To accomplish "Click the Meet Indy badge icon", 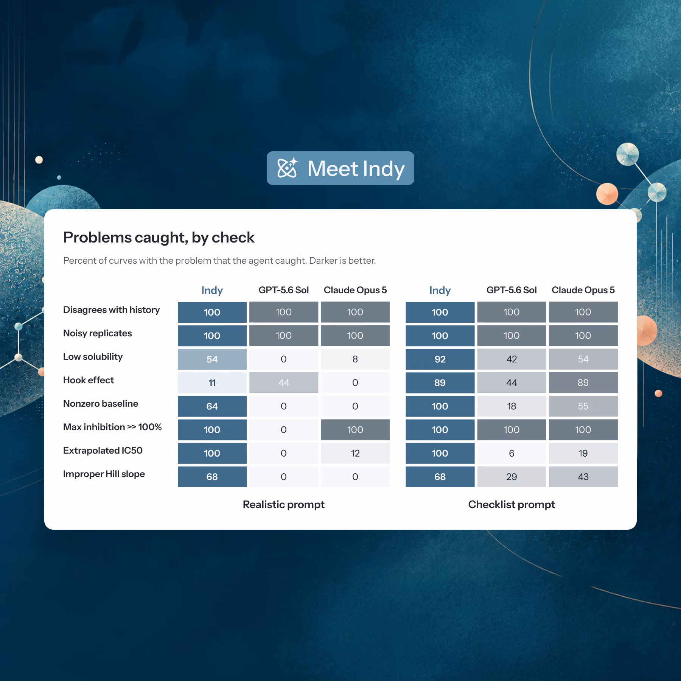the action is tap(288, 168).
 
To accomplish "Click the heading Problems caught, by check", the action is tap(159, 238).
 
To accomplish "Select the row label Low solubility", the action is tap(93, 357).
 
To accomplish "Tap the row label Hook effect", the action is tap(89, 380).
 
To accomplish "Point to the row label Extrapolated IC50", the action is tap(103, 451).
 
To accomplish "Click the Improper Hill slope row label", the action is tap(104, 474).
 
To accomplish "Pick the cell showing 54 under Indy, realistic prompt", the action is tap(212, 359).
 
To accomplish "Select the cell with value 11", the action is tap(212, 382).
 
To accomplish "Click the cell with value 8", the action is tap(355, 359).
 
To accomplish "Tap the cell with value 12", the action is tap(355, 453).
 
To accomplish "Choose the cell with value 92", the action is tap(440, 359).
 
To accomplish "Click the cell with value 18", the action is tap(512, 406).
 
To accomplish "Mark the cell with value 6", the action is tap(512, 453).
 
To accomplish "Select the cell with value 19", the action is tap(583, 453).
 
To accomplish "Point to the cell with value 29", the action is tap(512, 477).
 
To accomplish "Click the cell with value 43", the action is tap(583, 477).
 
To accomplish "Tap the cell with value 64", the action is tap(212, 406).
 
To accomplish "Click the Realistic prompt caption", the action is tap(284, 505).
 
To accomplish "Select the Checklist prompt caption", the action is tap(512, 505).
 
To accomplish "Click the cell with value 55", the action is tap(583, 406).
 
